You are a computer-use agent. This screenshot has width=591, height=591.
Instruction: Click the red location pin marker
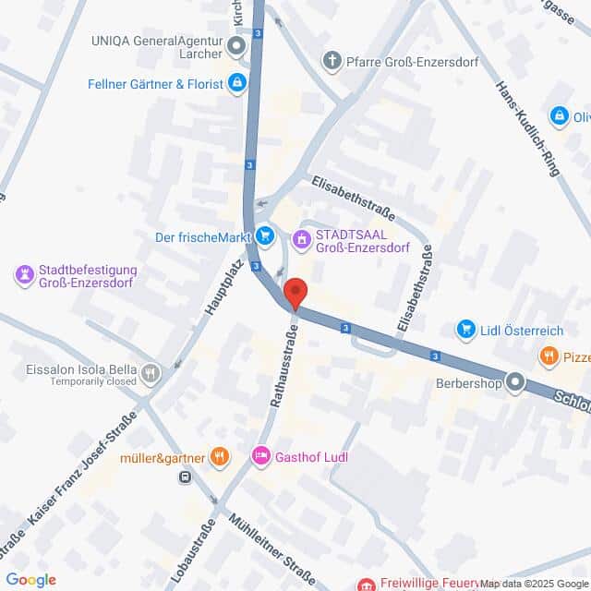pyautogui.click(x=295, y=293)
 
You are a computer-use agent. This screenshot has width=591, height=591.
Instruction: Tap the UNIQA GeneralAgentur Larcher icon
pyautogui.click(x=237, y=47)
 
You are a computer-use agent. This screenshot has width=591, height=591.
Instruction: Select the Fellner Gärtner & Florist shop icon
pyautogui.click(x=238, y=84)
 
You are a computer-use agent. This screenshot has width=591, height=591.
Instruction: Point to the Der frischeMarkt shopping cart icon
pyautogui.click(x=265, y=237)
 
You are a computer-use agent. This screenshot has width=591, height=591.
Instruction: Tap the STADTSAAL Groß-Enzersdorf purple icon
pyautogui.click(x=301, y=240)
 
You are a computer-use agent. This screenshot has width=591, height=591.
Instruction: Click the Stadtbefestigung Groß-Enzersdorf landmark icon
pyautogui.click(x=24, y=274)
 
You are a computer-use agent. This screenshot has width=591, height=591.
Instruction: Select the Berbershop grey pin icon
pyautogui.click(x=515, y=381)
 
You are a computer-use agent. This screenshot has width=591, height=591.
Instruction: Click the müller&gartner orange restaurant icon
pyautogui.click(x=219, y=455)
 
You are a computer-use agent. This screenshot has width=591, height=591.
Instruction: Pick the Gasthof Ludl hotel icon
pyautogui.click(x=261, y=455)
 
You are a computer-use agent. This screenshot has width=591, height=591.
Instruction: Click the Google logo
pyautogui.click(x=31, y=579)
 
